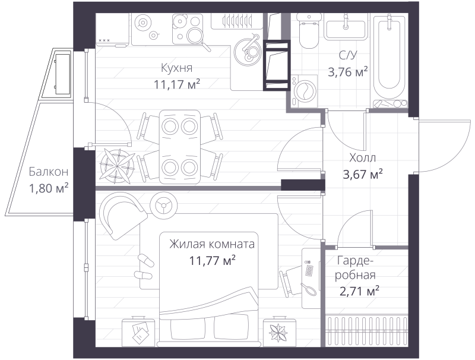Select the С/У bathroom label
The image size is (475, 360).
pos(348,57)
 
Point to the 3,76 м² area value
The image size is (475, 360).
pos(348,72)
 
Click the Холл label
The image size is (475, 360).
pos(363,158)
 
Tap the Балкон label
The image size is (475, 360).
pos(48,172)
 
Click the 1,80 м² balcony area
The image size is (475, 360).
pos(48,188)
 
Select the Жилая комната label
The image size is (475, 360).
pos(212,244)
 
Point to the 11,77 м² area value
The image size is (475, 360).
pos(212,260)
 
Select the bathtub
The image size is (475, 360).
pos(389,59)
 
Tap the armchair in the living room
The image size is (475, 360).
pos(122,214)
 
